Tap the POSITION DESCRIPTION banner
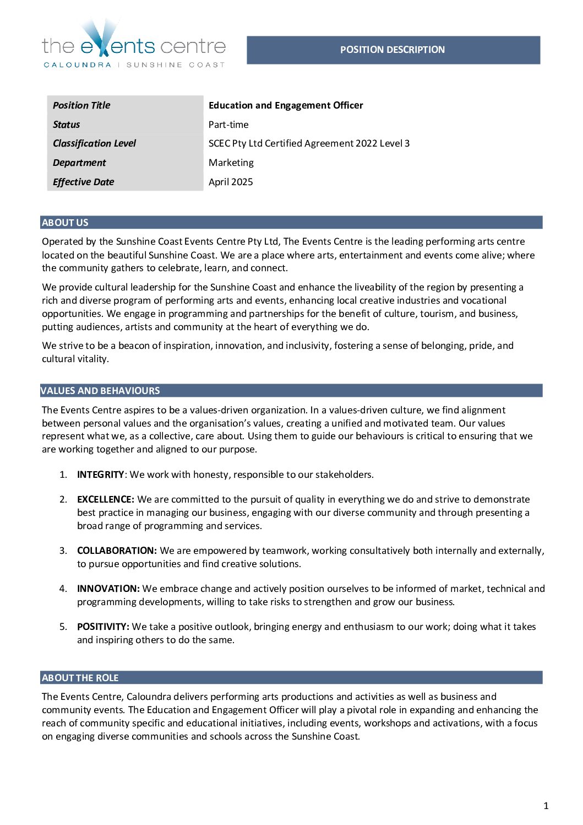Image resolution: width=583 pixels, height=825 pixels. pos(393,50)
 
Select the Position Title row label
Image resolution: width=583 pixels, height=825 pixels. pos(81,105)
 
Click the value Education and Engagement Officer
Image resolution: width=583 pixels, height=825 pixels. pos(286,105)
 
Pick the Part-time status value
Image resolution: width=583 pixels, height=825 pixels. pos(228,125)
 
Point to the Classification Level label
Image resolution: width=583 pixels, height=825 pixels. pos(94,143)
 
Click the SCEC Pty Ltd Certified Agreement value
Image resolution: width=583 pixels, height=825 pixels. pos(309,143)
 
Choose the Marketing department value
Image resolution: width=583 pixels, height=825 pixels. pos(231,163)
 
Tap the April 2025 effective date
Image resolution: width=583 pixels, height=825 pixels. pos(231,182)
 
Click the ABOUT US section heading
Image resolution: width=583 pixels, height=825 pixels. pos(65,223)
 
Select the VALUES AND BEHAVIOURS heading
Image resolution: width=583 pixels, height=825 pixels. pos(100,391)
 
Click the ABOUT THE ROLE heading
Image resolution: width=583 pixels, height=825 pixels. pos(80,678)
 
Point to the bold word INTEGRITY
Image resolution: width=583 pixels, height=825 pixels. pos(101,474)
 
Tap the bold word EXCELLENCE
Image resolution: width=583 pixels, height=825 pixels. pos(105,499)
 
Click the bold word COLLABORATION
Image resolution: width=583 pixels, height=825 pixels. pos(117,551)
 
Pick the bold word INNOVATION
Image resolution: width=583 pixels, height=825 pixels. pos(108,589)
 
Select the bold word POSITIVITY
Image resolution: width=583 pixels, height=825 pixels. pos(103,627)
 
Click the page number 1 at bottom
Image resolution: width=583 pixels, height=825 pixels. pos(546,806)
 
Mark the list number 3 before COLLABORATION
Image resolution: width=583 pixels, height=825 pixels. pos(63,551)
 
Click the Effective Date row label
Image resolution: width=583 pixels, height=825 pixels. pos(84,182)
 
